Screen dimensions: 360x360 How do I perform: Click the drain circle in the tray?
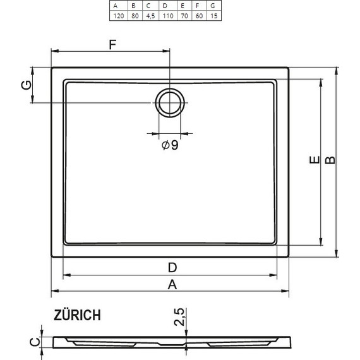click(170, 102)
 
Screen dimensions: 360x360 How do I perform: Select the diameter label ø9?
click(170, 146)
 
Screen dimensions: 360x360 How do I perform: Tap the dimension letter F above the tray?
click(113, 44)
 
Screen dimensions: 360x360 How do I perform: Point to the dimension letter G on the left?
click(26, 85)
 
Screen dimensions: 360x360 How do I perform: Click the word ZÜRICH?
click(76, 316)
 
